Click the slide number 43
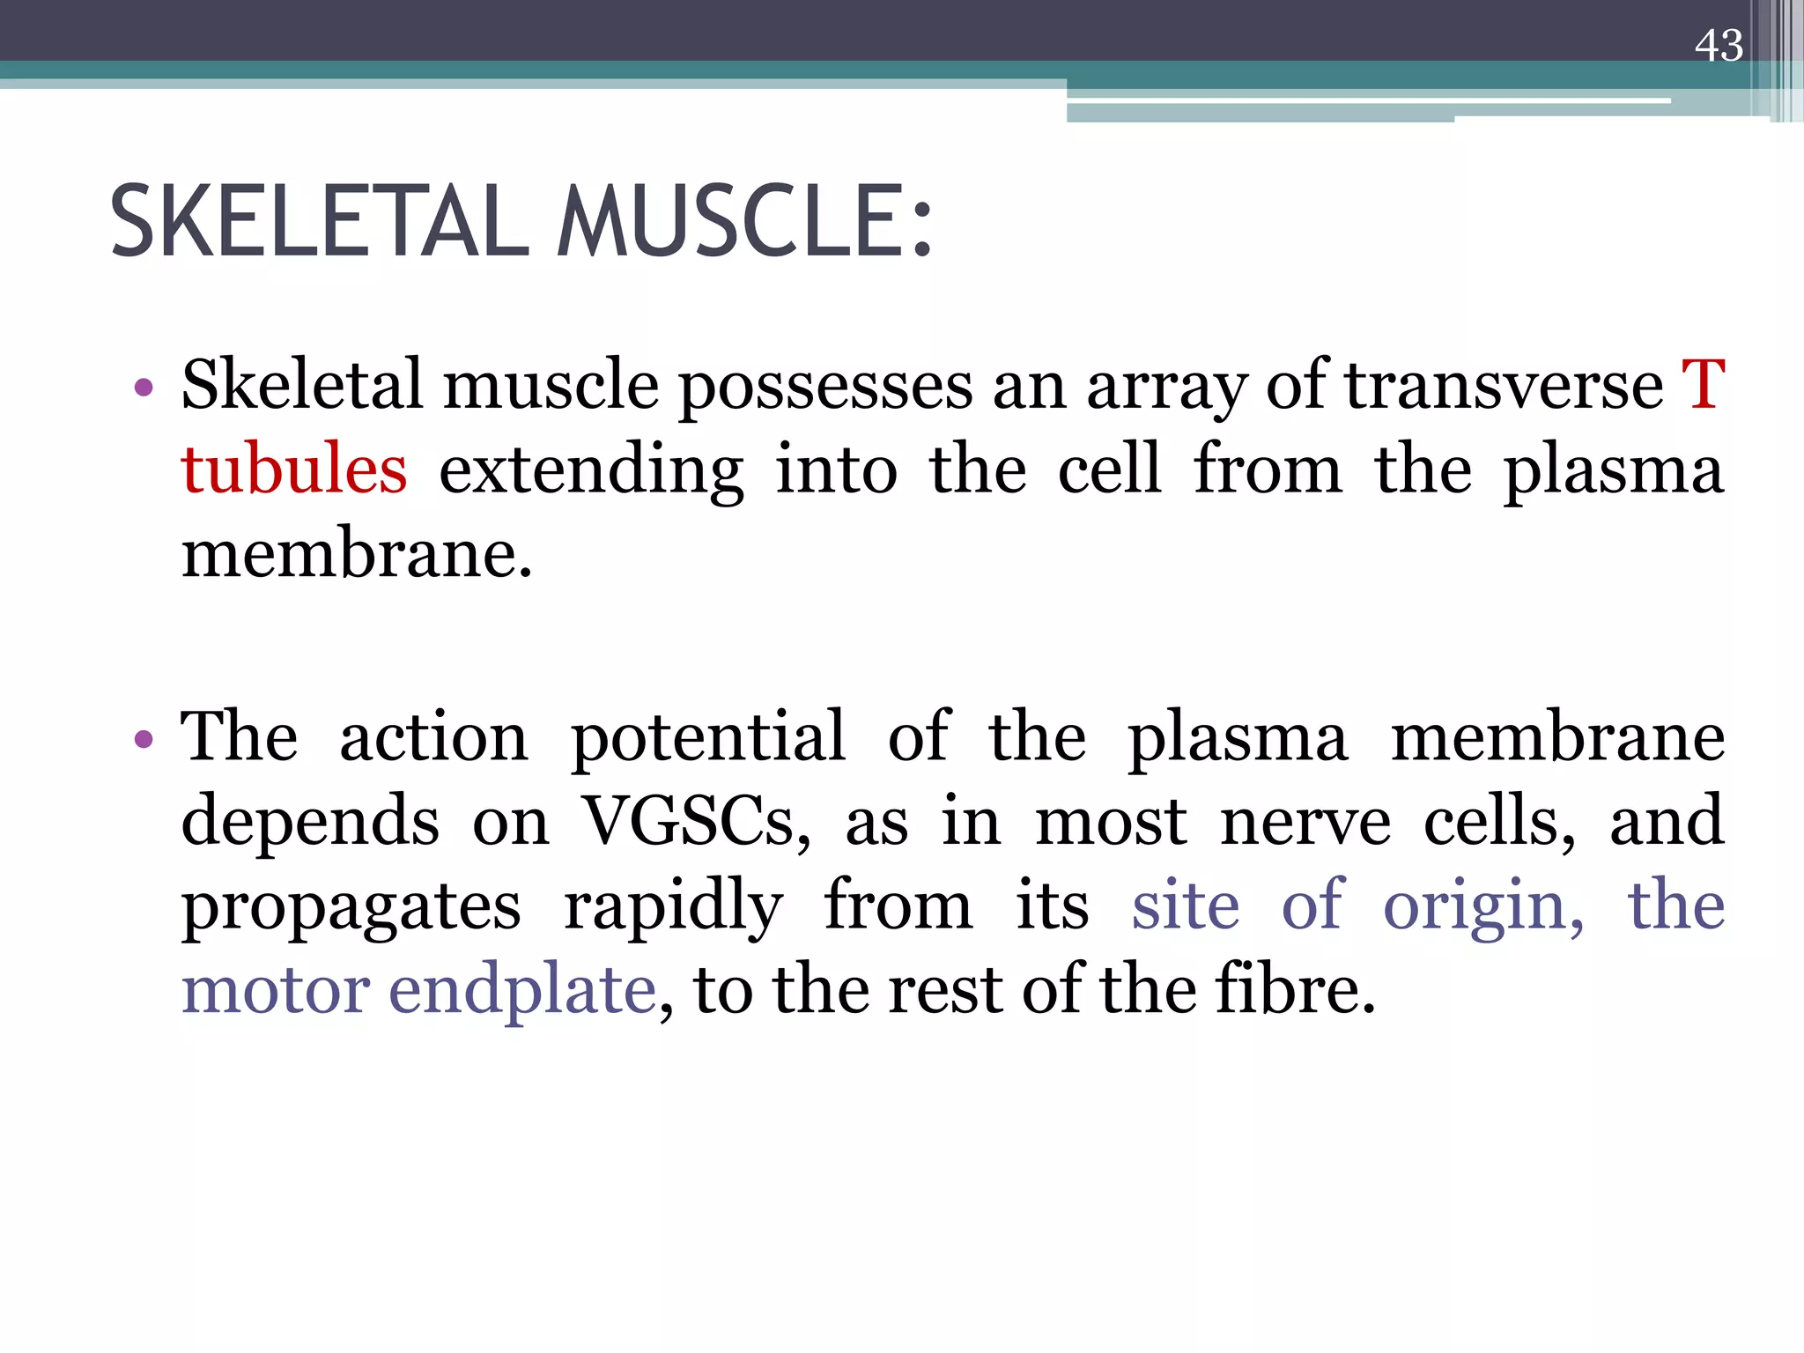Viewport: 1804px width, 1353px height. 1718,46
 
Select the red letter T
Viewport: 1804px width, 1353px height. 1703,385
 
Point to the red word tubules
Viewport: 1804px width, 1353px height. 294,469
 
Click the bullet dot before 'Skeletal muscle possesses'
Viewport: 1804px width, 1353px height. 144,387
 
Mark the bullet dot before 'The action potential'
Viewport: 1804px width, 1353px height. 144,738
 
